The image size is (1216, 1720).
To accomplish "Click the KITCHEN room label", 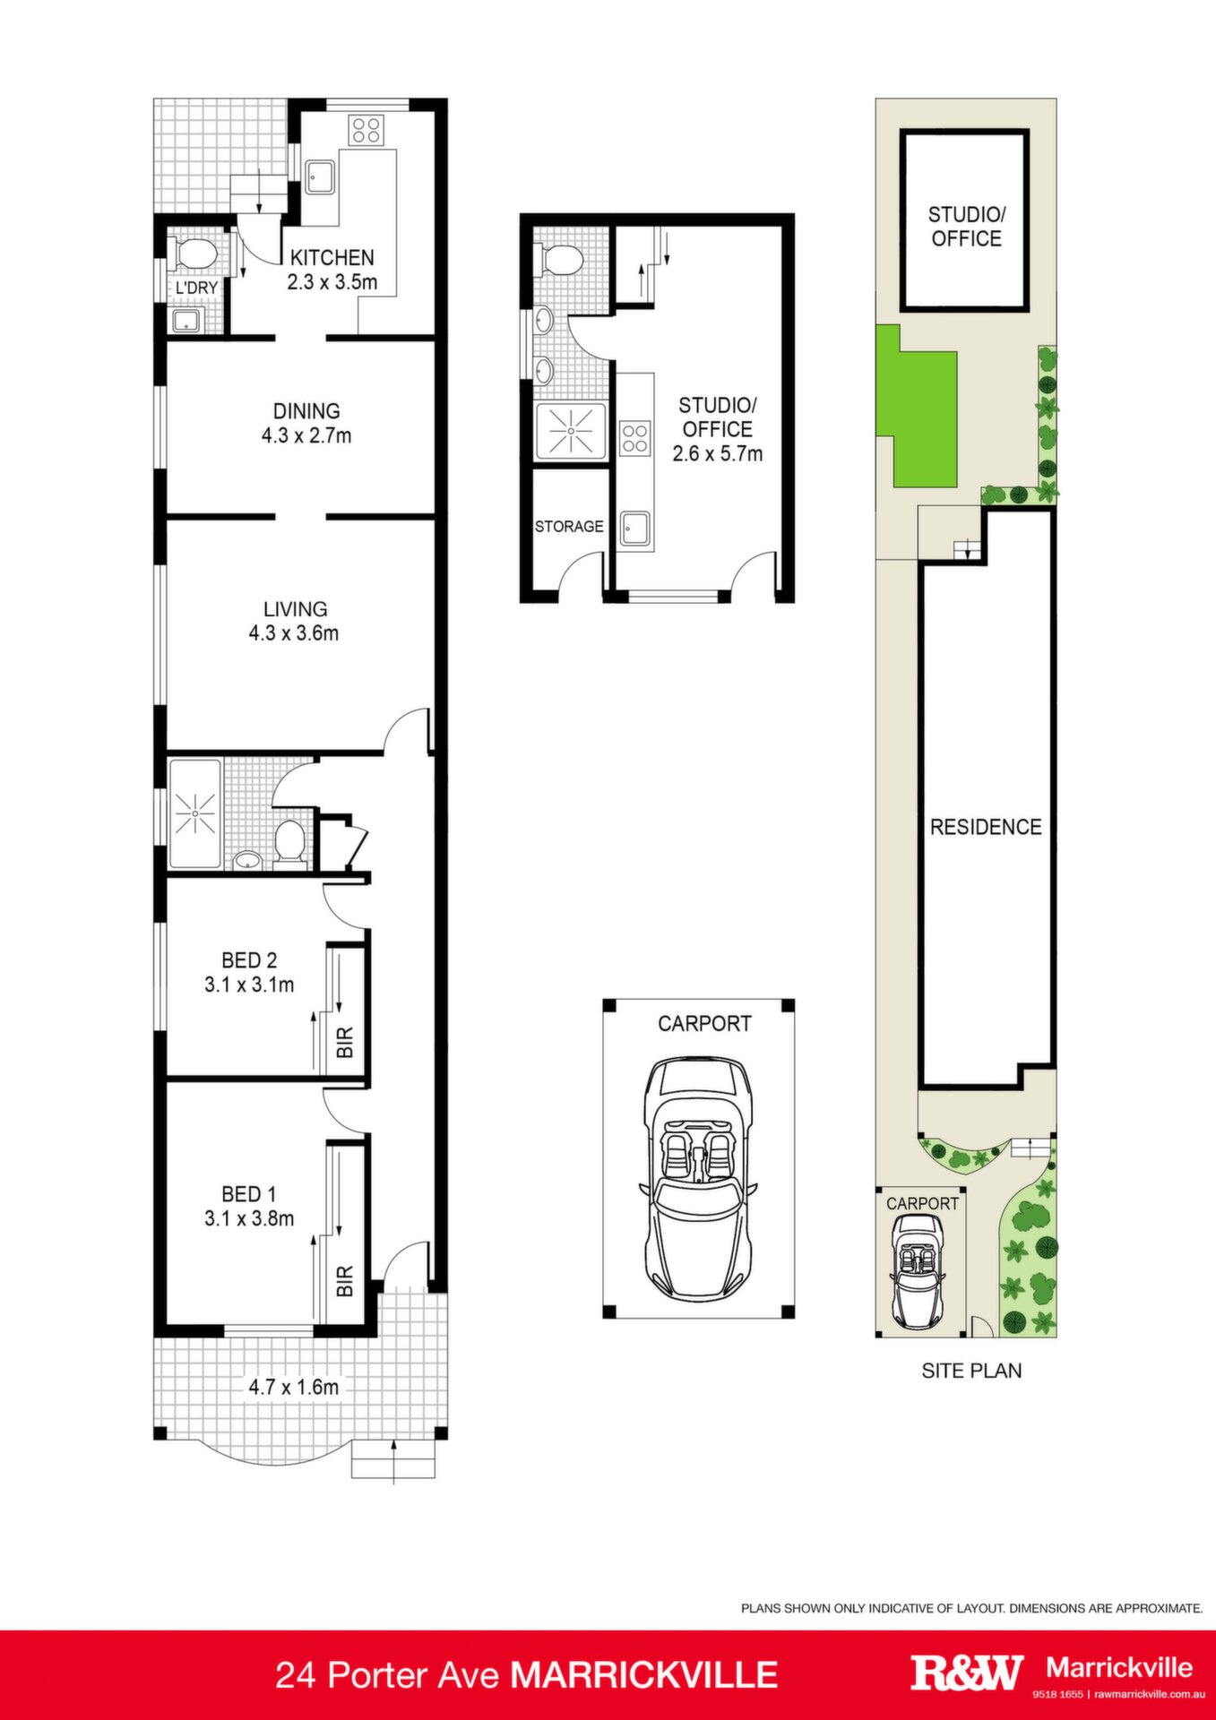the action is (x=332, y=258).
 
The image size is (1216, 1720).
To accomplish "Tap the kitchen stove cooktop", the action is (x=366, y=130).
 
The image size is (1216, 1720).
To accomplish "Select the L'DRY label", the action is (x=196, y=288).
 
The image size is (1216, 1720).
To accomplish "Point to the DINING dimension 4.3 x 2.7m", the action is (x=306, y=436).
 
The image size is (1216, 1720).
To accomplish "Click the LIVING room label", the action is (x=295, y=609).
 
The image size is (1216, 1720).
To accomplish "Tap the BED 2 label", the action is (x=249, y=960).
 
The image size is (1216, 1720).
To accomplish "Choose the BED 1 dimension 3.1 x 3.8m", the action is (x=249, y=1218).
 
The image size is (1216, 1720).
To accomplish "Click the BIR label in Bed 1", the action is (x=346, y=1281).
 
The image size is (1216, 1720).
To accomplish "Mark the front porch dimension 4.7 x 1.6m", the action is (x=294, y=1387).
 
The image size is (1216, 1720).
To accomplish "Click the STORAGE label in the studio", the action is (x=569, y=527).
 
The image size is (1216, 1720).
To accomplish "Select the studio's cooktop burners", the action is (x=634, y=438).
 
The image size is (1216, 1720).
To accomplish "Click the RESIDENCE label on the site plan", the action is (x=986, y=827).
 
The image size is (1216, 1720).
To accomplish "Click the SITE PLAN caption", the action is (x=971, y=1371).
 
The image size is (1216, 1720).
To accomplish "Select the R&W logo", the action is (x=967, y=1673).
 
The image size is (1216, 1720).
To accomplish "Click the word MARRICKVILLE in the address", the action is (x=643, y=1674).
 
